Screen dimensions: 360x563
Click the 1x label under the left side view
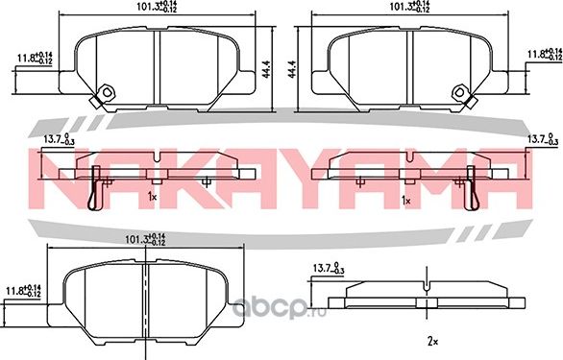point(152,197)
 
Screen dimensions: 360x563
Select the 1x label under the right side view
point(407,201)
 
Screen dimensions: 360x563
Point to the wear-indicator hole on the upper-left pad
point(108,93)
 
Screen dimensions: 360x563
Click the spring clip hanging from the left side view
point(92,187)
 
